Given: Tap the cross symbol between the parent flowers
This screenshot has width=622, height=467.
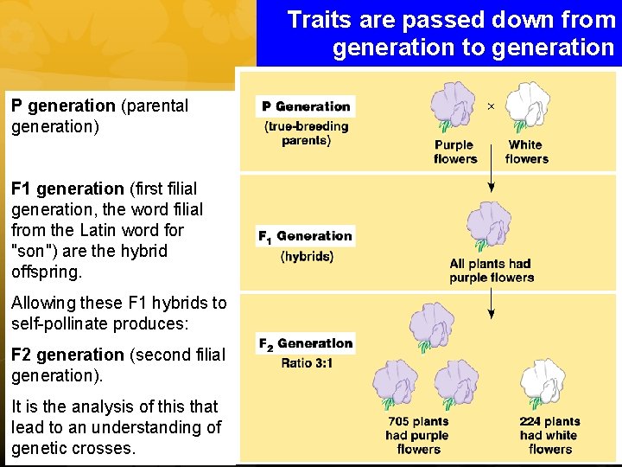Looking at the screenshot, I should click(x=491, y=106).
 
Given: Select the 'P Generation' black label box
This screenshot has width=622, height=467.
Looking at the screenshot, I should click(x=306, y=106).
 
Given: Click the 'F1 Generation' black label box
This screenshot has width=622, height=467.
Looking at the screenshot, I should click(x=306, y=236).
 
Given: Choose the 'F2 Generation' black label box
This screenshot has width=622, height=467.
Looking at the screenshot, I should click(x=306, y=343).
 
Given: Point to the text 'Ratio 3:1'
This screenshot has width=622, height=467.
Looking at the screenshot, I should click(x=307, y=363).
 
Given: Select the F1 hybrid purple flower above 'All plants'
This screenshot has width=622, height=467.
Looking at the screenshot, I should click(x=489, y=227).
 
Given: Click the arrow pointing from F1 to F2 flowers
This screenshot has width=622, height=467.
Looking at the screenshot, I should click(x=491, y=301).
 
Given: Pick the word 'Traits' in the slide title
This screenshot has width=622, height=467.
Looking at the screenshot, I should click(x=317, y=20).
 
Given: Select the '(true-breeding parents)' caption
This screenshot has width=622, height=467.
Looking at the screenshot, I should click(x=306, y=133).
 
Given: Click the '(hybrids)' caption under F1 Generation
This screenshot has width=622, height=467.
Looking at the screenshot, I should click(x=307, y=256).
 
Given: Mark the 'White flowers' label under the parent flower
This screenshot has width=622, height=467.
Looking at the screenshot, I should click(x=526, y=152).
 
